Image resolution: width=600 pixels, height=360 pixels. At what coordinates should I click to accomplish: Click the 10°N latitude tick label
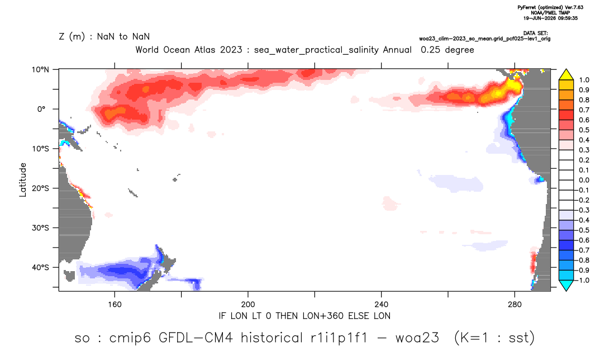[x=40, y=70]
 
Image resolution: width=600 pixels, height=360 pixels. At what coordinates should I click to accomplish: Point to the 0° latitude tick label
[x=41, y=109]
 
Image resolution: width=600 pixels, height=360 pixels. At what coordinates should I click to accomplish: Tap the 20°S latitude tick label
[x=40, y=188]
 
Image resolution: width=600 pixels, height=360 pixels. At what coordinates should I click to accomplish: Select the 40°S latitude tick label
[x=40, y=267]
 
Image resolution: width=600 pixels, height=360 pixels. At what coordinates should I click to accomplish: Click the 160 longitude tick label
[x=115, y=305]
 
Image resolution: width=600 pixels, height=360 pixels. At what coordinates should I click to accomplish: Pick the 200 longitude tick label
[x=248, y=305]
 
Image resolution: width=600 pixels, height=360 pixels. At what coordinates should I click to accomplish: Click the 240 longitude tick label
[x=382, y=305]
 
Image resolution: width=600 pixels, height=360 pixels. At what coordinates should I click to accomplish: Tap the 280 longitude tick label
[x=515, y=305]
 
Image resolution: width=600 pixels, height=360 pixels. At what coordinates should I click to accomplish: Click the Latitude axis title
[x=23, y=180]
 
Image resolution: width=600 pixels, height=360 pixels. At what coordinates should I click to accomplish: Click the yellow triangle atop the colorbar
[x=566, y=75]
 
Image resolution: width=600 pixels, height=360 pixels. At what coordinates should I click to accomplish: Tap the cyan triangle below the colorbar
[x=566, y=285]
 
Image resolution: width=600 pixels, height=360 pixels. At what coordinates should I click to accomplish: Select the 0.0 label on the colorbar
[x=584, y=180]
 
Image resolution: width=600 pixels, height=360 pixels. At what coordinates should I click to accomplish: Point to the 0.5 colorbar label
[x=584, y=130]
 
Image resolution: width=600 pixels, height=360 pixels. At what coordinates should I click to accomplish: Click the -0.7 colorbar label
[x=582, y=250]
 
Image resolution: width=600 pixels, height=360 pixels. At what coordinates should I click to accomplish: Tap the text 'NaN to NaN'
[x=123, y=37]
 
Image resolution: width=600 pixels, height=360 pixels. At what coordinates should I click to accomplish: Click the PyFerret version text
[x=550, y=7]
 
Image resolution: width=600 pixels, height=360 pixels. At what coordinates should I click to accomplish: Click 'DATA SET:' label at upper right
[x=535, y=34]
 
